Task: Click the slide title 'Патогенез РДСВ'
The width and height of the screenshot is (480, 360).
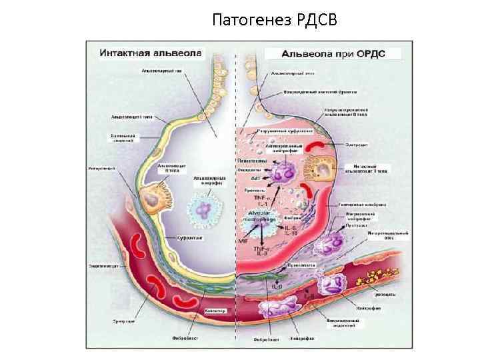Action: pyautogui.click(x=275, y=21)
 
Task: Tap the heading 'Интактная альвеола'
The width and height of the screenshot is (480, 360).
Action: pyautogui.click(x=141, y=52)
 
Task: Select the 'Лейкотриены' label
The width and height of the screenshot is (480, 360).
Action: pyautogui.click(x=253, y=162)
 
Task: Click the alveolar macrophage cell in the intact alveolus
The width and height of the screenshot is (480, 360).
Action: pyautogui.click(x=208, y=210)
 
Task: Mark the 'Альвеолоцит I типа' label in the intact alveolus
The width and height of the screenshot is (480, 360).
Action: pyautogui.click(x=132, y=117)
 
